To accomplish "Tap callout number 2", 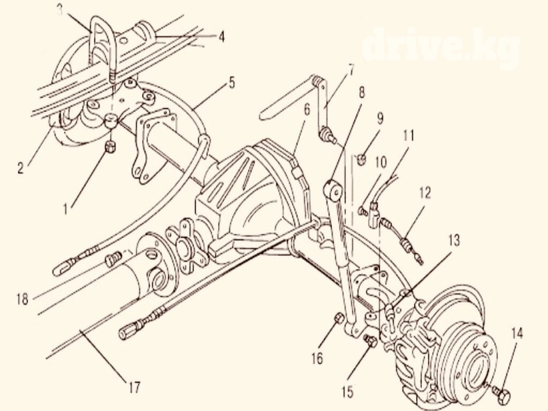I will point(20,168).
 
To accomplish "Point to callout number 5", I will point(231,83).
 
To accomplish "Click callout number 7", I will point(351,71).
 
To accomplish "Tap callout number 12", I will point(424,192).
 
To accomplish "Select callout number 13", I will point(454,241).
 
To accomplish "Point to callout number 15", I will point(347,392).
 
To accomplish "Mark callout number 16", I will point(317,357).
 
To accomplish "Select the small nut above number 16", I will point(338,319).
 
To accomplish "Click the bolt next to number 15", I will point(369,340).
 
